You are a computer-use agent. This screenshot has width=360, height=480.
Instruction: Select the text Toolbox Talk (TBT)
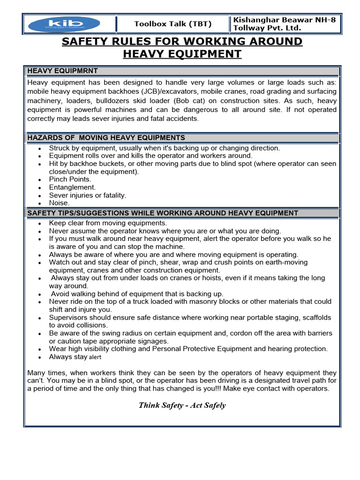(x=172, y=24)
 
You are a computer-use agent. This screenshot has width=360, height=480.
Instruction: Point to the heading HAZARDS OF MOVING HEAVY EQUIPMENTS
(x=106, y=137)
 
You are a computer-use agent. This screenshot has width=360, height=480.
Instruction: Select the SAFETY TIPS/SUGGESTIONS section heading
(x=163, y=213)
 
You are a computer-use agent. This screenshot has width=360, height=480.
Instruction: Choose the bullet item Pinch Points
(x=70, y=179)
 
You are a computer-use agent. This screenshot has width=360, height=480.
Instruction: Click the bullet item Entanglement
(x=72, y=187)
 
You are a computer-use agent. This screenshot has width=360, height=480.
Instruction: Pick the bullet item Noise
(x=59, y=203)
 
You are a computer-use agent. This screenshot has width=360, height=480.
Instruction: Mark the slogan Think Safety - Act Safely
(x=182, y=405)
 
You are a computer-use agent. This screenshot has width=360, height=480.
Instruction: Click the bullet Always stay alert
(x=75, y=357)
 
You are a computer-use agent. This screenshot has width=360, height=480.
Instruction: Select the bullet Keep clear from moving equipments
(x=108, y=223)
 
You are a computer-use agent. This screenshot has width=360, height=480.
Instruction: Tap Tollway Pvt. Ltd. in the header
(x=267, y=28)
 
